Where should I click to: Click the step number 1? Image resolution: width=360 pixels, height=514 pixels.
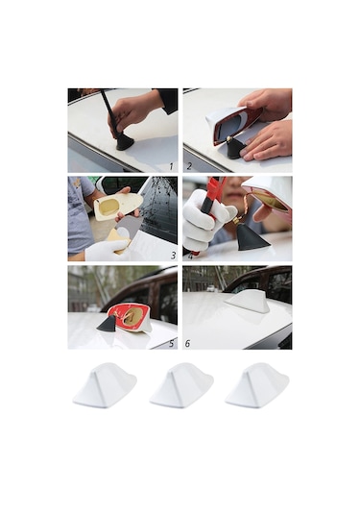171,166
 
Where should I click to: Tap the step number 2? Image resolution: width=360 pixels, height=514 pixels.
189,166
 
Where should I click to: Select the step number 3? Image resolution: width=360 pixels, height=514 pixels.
173,256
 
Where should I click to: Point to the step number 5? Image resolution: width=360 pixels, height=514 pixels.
172,344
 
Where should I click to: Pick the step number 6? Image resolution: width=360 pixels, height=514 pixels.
187,344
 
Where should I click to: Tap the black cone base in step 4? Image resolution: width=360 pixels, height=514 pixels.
252,237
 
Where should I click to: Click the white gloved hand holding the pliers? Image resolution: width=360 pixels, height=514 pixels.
204,220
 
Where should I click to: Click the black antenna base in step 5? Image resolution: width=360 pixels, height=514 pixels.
108,323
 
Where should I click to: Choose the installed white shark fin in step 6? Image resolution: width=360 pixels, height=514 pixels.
248,303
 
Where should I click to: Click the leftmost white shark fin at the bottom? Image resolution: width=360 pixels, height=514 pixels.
105,385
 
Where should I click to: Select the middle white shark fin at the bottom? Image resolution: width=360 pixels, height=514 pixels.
181,385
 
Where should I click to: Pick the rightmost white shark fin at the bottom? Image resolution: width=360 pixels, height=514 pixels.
257,385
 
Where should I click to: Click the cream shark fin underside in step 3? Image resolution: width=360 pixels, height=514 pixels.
118,206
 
